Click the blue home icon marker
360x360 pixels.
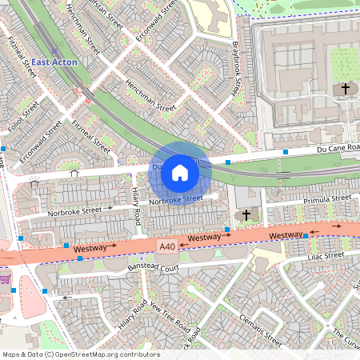coord(180,172)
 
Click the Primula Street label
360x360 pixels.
coord(328,198)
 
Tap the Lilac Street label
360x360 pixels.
coord(323,256)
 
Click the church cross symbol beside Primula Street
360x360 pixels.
coord(246,214)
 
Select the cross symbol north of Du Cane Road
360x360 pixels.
coord(346,87)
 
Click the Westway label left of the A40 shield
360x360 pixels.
coord(90,249)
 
